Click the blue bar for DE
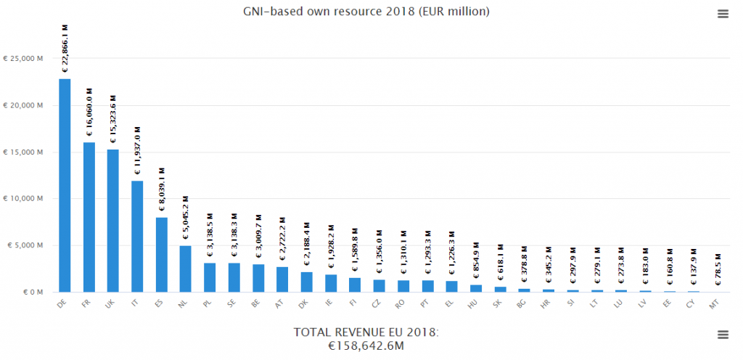(65, 185)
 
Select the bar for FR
(89, 217)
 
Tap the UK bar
(112, 221)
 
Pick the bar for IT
(137, 237)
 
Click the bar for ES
(161, 255)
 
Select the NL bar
(185, 269)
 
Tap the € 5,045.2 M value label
(185, 218)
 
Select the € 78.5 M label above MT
(718, 269)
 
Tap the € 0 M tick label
(33, 292)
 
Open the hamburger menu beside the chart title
(722, 14)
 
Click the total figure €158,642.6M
(366, 346)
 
